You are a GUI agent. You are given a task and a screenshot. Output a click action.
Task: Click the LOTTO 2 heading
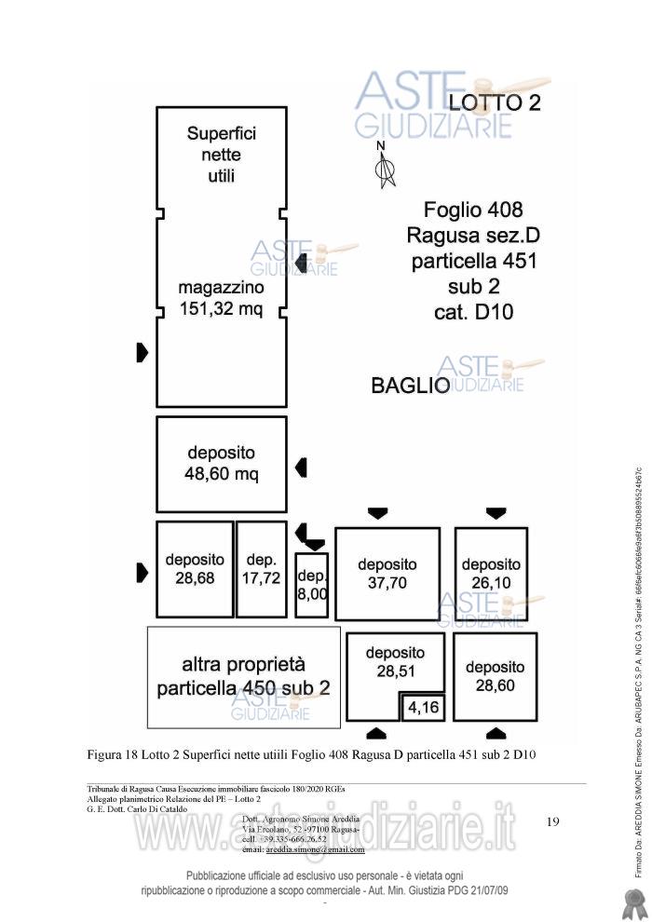[495, 102]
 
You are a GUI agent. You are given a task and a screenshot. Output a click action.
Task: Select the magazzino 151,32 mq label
[221, 298]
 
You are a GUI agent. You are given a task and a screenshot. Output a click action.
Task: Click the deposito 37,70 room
[387, 574]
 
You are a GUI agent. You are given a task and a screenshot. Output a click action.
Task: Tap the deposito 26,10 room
[491, 574]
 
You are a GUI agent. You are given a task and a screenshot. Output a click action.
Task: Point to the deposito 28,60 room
[495, 676]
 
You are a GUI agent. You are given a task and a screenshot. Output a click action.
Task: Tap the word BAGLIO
[410, 385]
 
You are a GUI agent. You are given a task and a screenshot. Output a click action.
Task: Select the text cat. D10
[473, 311]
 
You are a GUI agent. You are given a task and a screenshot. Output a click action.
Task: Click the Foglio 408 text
[473, 210]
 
